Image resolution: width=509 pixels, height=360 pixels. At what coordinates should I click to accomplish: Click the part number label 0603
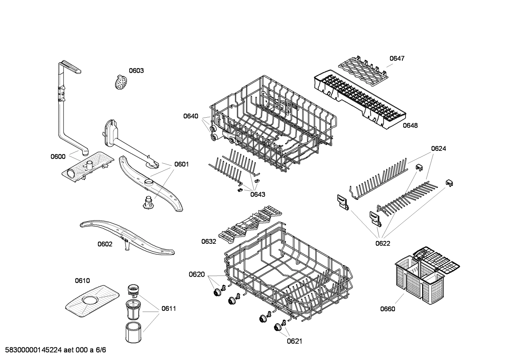(x=136, y=71)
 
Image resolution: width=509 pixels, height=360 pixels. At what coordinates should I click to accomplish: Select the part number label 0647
(x=397, y=58)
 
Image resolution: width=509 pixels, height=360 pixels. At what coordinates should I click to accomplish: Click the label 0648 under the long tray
(x=410, y=125)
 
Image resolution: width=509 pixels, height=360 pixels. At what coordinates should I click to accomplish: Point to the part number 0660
(x=388, y=309)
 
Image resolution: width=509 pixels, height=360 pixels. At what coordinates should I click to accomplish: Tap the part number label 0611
(x=169, y=308)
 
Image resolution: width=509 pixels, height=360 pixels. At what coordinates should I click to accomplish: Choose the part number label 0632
(x=209, y=241)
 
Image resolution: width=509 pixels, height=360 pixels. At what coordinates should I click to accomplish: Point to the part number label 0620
(x=197, y=274)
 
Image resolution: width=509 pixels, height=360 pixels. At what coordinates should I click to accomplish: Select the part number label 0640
(x=191, y=116)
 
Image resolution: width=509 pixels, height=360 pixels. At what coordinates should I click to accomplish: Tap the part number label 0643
(x=258, y=194)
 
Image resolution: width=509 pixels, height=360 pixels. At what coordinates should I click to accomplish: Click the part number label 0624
(x=438, y=149)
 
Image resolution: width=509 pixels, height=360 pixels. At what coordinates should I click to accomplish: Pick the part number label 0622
(x=383, y=243)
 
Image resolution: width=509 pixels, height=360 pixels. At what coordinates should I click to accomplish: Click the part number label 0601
(x=181, y=164)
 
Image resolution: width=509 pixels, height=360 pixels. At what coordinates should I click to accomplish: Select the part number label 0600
(x=58, y=157)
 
